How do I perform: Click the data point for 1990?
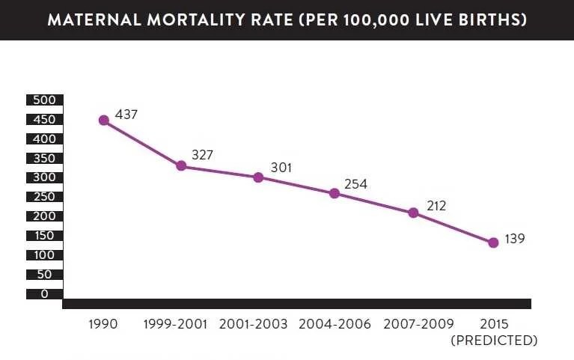(x=104, y=120)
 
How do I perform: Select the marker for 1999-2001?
(x=181, y=165)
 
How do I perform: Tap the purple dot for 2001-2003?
(x=258, y=177)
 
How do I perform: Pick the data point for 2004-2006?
(x=335, y=193)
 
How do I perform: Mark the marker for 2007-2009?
(x=413, y=213)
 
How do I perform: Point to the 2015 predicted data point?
(x=493, y=242)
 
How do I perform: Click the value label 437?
(x=127, y=115)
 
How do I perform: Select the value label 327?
(x=203, y=155)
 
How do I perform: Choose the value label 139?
(x=515, y=240)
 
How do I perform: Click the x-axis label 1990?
(x=103, y=325)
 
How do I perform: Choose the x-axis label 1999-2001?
(x=178, y=325)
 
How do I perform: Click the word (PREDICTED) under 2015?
(x=494, y=341)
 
